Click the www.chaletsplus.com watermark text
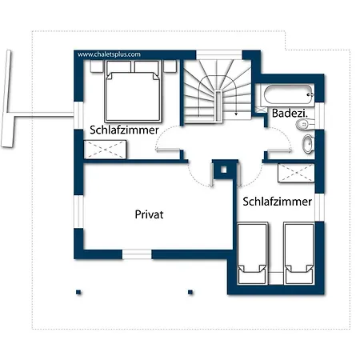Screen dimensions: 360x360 (x=109, y=54)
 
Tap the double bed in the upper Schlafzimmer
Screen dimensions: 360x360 (x=133, y=91)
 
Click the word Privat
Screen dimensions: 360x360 (x=149, y=214)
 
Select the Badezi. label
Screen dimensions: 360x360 (x=290, y=114)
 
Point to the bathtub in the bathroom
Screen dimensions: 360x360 (x=288, y=94)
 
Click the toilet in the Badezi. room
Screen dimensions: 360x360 (x=305, y=124)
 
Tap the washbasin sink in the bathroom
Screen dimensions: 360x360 (x=308, y=144)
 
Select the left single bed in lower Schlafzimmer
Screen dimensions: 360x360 (x=252, y=254)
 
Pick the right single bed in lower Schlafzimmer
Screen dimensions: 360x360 (x=299, y=254)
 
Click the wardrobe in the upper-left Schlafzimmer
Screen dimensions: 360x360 (x=105, y=150)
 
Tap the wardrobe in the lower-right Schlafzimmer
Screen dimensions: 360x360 (x=296, y=173)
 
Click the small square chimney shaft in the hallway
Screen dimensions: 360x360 (x=224, y=170)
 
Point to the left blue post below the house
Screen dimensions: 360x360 (x=78, y=292)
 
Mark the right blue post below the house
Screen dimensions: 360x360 (x=190, y=292)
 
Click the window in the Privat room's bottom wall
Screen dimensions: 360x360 (x=137, y=254)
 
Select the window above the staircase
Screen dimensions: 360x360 (x=219, y=54)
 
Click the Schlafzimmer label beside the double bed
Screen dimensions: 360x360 (x=124, y=130)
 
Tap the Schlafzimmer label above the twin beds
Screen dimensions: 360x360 (x=278, y=202)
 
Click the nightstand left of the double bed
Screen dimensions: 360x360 (x=97, y=66)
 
